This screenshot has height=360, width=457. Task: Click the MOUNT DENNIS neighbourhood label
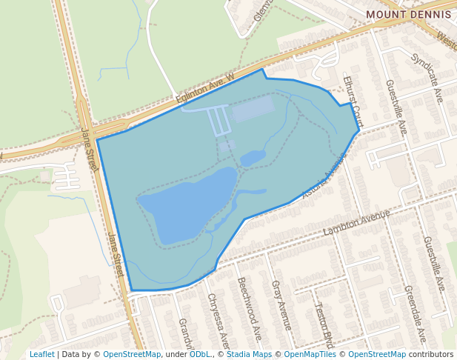coord(410,14)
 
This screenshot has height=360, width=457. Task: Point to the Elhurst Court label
coord(353,100)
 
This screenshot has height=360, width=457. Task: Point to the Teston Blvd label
coord(323,324)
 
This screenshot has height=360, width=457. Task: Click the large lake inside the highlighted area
coord(187,204)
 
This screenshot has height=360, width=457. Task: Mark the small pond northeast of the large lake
coord(253,158)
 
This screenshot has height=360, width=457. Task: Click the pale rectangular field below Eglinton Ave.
coord(253,110)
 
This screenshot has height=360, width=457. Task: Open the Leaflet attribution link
coord(41,355)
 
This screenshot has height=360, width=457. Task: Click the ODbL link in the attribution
coord(200,355)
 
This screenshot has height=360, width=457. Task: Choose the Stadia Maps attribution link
coord(248,355)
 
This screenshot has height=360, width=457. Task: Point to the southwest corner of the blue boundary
coord(132,290)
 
